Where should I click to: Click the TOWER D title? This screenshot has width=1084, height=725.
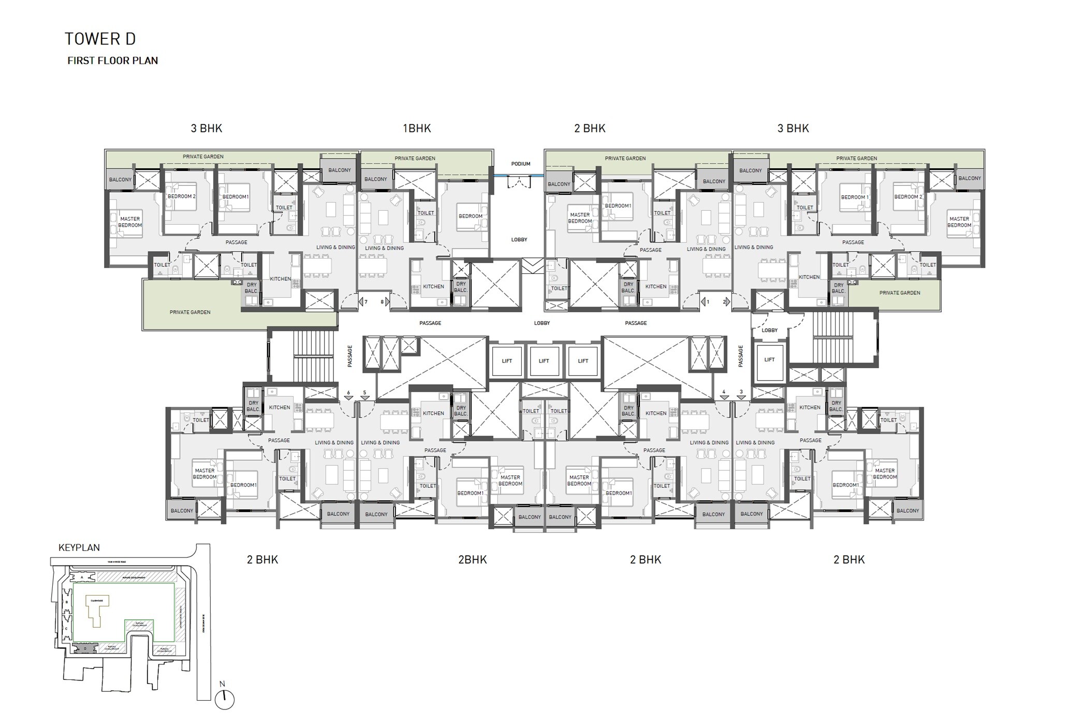(x=100, y=39)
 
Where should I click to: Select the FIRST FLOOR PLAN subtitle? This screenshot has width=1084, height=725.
(x=112, y=61)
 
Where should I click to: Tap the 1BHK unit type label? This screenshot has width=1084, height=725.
(x=417, y=128)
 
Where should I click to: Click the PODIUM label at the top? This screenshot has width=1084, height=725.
(x=521, y=164)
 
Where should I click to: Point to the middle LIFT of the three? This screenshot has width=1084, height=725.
(x=544, y=361)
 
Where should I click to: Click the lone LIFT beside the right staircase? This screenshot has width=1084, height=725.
(x=769, y=359)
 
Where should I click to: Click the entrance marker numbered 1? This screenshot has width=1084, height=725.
(x=705, y=301)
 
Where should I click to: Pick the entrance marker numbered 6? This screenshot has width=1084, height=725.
(x=348, y=396)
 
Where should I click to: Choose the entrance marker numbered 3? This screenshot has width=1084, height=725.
(x=741, y=395)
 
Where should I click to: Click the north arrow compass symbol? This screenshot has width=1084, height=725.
(x=225, y=699)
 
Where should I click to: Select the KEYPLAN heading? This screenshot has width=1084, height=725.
(x=79, y=547)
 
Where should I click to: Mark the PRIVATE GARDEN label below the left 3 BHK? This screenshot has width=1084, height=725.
(x=190, y=312)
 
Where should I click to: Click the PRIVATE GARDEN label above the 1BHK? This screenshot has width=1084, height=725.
(x=415, y=158)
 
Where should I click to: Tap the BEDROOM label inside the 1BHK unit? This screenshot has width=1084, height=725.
(x=470, y=216)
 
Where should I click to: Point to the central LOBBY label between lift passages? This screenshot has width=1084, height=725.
(x=542, y=323)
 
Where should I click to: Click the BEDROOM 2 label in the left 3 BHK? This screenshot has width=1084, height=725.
(x=181, y=197)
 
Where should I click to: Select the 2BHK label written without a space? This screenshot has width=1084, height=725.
(x=472, y=559)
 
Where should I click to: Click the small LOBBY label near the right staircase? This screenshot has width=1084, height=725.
(x=769, y=330)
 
